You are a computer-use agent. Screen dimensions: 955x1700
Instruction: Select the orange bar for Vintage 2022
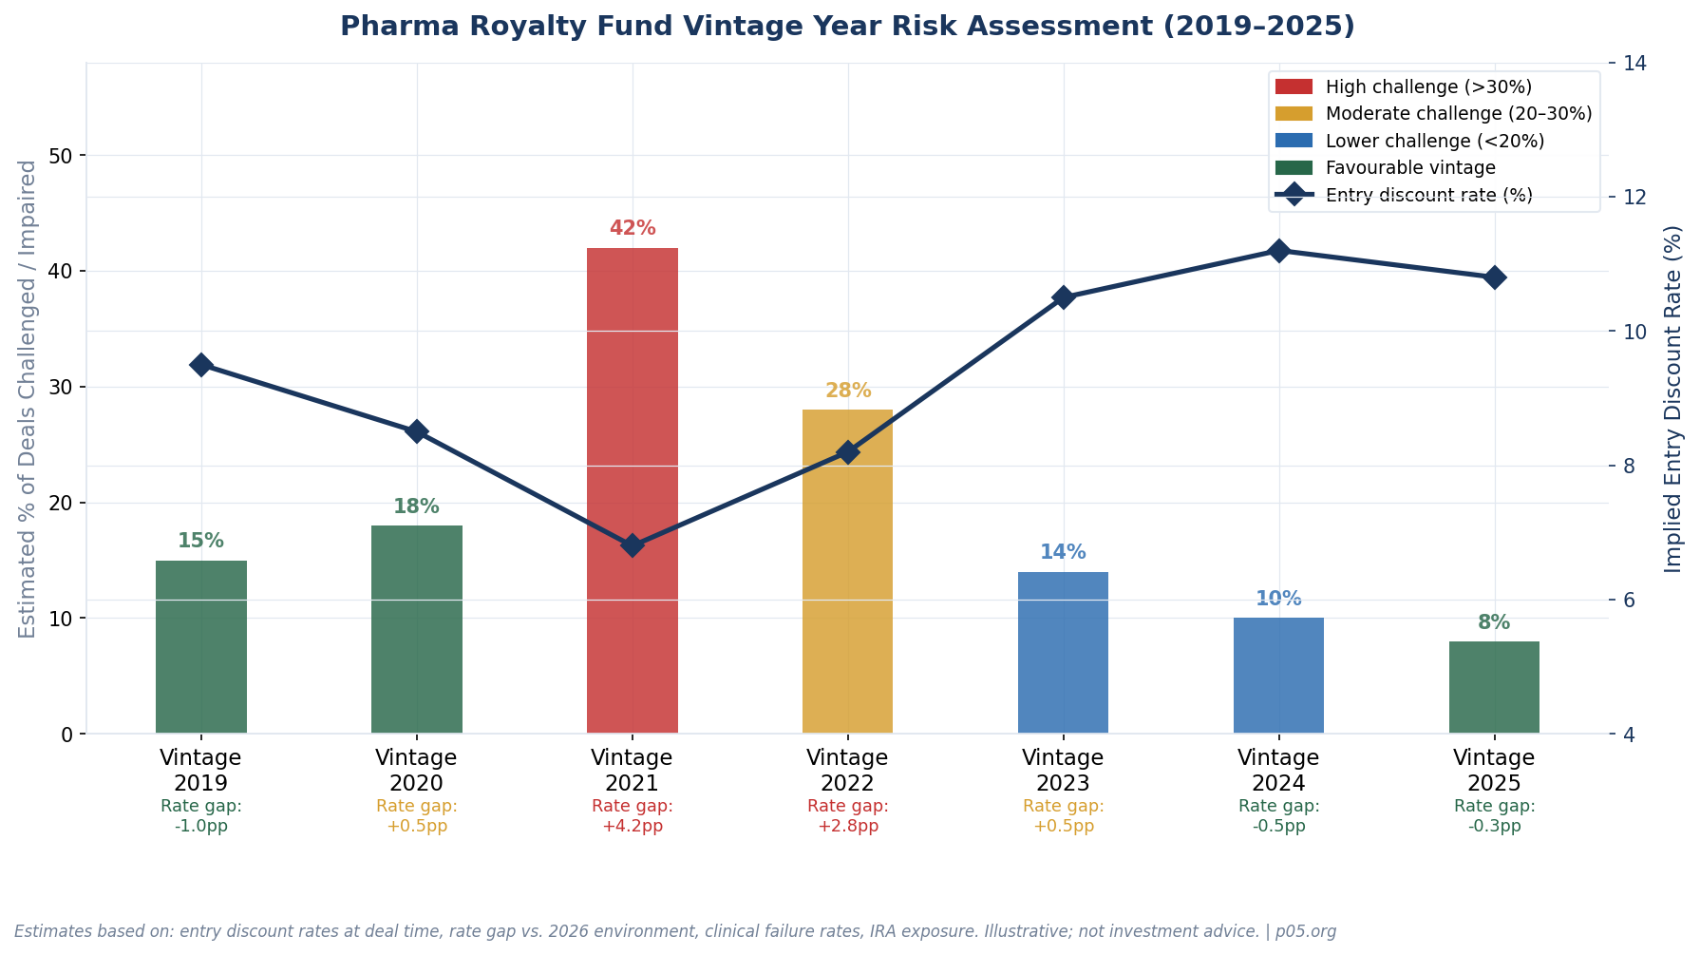pyautogui.click(x=847, y=570)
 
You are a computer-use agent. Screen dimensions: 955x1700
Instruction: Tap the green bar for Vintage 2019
pyautogui.click(x=200, y=646)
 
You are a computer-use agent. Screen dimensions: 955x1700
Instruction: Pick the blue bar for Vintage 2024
pyautogui.click(x=1278, y=675)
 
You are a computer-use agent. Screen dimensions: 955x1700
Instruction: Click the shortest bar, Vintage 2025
pyautogui.click(x=1494, y=687)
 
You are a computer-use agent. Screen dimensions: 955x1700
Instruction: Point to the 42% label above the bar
pyautogui.click(x=632, y=229)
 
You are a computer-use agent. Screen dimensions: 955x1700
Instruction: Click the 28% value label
pyautogui.click(x=847, y=391)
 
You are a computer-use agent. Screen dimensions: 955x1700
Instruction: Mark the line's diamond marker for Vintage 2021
pyautogui.click(x=632, y=545)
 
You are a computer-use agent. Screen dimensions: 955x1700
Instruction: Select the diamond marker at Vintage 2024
pyautogui.click(x=1278, y=251)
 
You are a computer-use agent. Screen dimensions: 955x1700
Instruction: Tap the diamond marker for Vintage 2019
pyautogui.click(x=200, y=365)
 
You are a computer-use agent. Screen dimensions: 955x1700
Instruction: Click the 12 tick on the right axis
pyautogui.click(x=1634, y=198)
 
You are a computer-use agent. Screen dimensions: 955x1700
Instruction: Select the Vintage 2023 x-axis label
pyautogui.click(x=1063, y=771)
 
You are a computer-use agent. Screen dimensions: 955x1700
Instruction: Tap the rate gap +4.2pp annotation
pyautogui.click(x=632, y=816)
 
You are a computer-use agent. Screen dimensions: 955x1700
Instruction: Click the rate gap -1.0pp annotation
pyautogui.click(x=200, y=816)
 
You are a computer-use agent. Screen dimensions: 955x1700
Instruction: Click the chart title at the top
pyautogui.click(x=847, y=27)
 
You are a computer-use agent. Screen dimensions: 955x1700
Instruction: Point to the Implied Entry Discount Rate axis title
pyautogui.click(x=1673, y=399)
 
